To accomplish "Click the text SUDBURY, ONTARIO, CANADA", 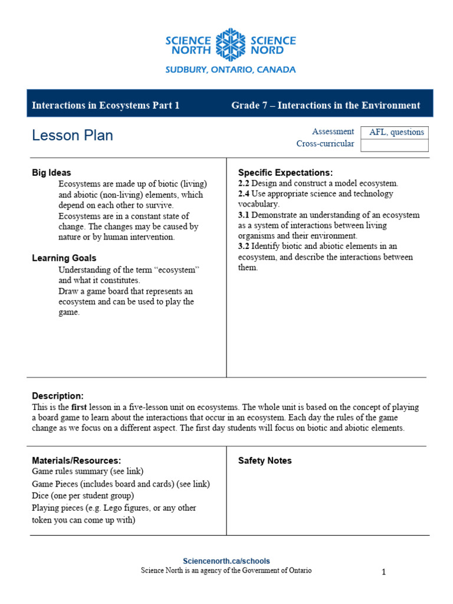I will point(230,70).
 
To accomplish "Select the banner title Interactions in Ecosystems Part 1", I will point(106,106).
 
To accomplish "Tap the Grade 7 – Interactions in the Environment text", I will point(326,106).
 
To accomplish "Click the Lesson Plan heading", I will point(73,136).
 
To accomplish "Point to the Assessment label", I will point(333,132).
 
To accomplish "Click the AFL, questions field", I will point(396,132).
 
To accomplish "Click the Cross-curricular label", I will point(325,144).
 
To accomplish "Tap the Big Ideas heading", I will point(51,173).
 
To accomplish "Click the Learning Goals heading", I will point(64,258).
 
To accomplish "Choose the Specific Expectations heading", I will point(285,173).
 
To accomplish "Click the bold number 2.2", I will point(244,183).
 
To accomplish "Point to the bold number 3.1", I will point(244,215).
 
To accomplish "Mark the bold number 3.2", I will point(244,247).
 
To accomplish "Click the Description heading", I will point(58,396).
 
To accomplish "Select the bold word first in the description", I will point(80,407).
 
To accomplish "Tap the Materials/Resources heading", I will point(76,461).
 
